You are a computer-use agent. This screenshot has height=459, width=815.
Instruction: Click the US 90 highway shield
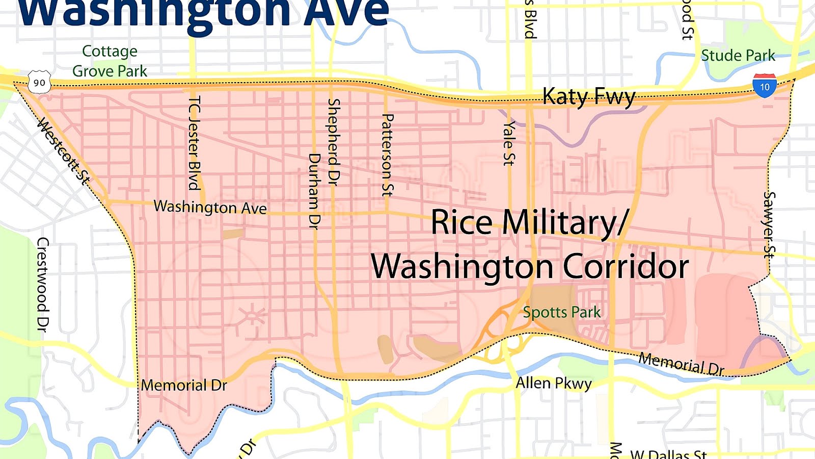click(39, 83)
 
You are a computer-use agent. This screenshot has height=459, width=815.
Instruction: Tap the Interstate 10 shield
click(765, 86)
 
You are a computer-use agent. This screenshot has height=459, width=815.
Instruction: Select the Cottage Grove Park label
click(110, 61)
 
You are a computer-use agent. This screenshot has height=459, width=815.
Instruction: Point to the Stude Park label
click(738, 56)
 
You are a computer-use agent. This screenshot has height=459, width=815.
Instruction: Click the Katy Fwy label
click(589, 96)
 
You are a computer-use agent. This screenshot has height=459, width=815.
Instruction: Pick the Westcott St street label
click(65, 151)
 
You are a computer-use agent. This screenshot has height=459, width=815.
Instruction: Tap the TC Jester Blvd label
click(194, 143)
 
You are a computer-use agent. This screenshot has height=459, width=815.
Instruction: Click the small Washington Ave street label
click(210, 207)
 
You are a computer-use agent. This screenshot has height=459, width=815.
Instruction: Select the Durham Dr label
click(315, 191)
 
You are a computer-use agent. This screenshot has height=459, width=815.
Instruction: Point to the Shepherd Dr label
click(334, 141)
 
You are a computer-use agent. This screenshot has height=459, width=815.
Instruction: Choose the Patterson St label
click(388, 155)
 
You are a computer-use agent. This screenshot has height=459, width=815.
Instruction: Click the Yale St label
click(508, 143)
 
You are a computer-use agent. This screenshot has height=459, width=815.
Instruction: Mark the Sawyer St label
click(769, 224)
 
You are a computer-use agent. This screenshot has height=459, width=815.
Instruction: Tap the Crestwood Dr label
click(43, 284)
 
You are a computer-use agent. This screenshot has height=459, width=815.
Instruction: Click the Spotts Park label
click(562, 312)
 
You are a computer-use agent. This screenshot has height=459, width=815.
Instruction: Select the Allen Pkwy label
click(554, 382)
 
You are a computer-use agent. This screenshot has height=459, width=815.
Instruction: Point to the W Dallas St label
click(668, 454)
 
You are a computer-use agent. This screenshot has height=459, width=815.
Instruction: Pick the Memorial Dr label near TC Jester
click(184, 385)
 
